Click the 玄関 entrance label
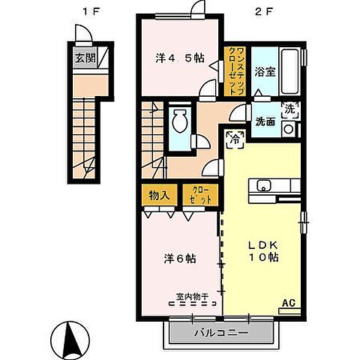pos(85,59)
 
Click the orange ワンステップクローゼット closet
pos(235,70)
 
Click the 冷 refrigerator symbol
pos(235,138)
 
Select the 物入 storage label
pos(158,195)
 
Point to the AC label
pos(288,304)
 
